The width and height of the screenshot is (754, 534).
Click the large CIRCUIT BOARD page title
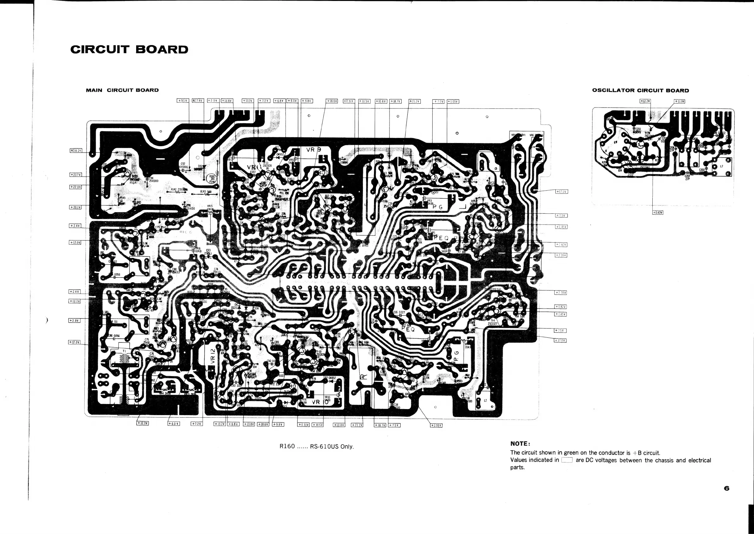coord(129,50)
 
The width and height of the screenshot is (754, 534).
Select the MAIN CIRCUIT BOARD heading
coord(122,90)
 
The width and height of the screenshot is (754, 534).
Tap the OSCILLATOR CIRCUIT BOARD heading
coord(640,90)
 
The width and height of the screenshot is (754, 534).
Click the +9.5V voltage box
coord(183,101)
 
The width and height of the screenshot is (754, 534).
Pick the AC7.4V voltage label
coord(198,101)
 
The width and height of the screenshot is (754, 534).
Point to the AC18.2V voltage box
coord(76,151)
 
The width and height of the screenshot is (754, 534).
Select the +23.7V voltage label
coord(76,175)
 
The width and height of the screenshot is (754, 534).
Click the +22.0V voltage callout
coord(76,187)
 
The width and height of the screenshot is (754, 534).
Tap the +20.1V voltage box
coord(76,207)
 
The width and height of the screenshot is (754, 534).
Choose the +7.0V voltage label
coord(438,101)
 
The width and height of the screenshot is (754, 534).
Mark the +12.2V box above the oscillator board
coord(645,101)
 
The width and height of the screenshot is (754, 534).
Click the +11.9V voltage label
coord(679,101)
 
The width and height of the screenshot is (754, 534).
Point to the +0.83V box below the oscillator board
coord(658,212)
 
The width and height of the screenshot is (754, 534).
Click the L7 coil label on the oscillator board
coord(721,166)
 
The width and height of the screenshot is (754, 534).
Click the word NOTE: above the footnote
coord(519,444)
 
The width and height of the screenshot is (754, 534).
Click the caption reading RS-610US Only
coord(332,446)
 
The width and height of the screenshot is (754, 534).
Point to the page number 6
coord(726,489)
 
